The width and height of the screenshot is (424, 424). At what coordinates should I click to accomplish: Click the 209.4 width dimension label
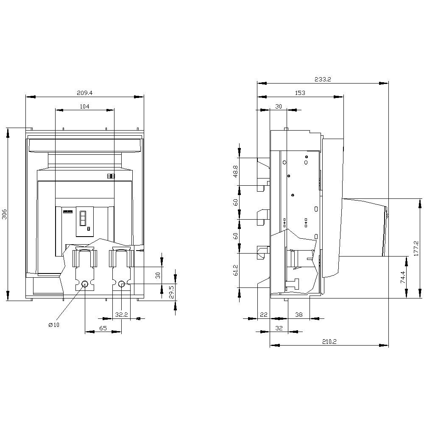click(84, 92)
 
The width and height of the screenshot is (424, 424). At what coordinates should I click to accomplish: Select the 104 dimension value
click(84, 106)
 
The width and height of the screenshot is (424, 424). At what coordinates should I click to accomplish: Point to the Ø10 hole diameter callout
click(54, 325)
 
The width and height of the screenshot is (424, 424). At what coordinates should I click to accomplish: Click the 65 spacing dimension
click(103, 328)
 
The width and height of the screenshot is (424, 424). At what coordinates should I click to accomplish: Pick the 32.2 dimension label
click(122, 314)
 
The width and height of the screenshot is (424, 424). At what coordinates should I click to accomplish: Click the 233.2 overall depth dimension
click(323, 79)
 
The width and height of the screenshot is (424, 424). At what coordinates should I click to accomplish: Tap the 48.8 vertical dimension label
click(235, 171)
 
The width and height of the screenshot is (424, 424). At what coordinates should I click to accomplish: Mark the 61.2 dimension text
click(235, 270)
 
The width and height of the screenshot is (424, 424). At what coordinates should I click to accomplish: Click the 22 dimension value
click(264, 314)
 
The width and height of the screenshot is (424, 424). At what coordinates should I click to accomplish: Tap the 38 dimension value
click(299, 314)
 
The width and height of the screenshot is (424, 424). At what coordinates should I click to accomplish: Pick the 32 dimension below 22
click(279, 328)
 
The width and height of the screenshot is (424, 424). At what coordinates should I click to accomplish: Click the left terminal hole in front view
click(85, 284)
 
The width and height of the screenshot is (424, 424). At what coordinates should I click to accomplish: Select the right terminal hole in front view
click(122, 284)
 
